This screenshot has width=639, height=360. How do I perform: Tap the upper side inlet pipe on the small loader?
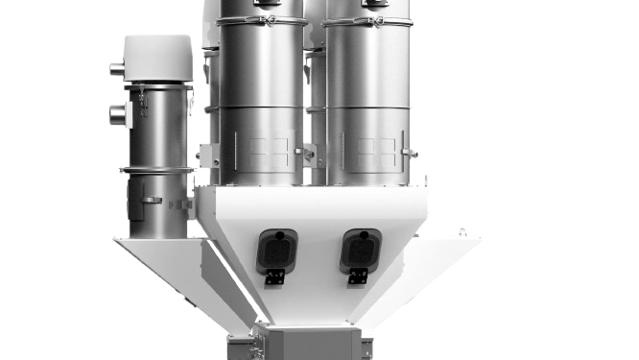pyautogui.click(x=116, y=68)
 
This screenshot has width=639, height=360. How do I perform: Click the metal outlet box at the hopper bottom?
pyautogui.click(x=307, y=344)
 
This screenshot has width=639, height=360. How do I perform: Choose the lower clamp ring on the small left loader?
pyautogui.click(x=156, y=170)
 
